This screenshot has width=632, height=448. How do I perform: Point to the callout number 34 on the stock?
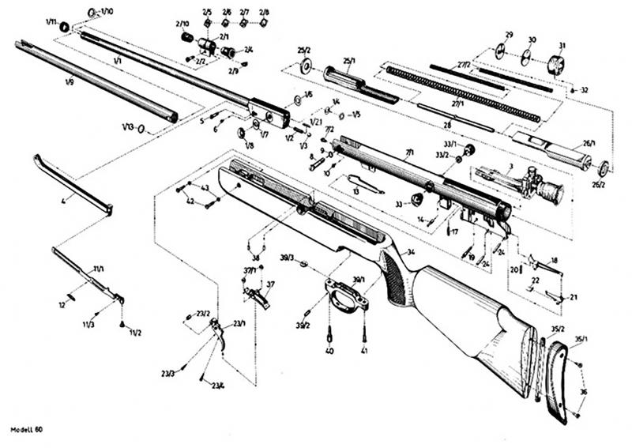pos(411,252)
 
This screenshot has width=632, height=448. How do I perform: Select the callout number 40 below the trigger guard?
pos(329,350)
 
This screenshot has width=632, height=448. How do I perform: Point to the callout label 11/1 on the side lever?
pos(99,269)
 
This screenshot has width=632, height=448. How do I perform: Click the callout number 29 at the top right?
pos(510,35)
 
